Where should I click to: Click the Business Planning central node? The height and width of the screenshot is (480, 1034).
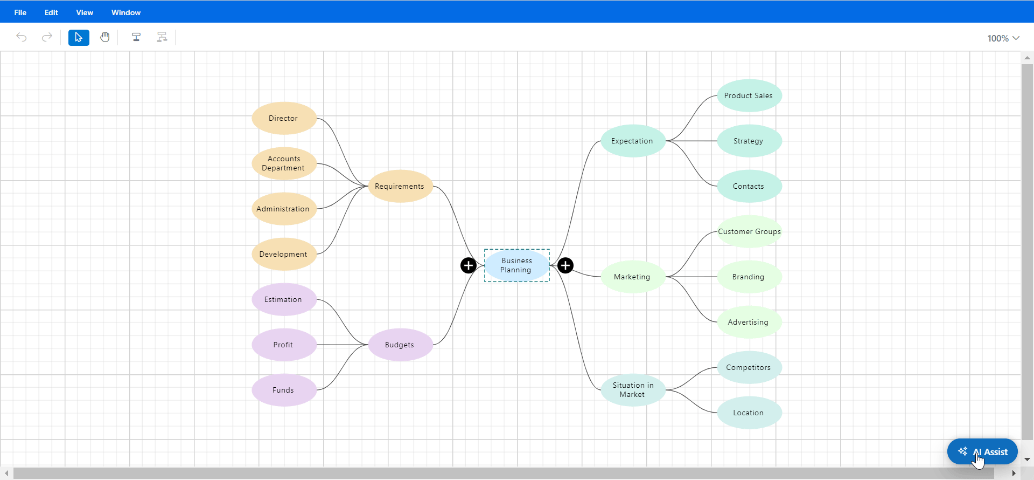[x=516, y=265]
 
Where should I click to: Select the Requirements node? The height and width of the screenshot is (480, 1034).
[x=400, y=186]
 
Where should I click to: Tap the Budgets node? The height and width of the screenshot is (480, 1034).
[x=400, y=345]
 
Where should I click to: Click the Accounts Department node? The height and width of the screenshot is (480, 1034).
[x=284, y=163]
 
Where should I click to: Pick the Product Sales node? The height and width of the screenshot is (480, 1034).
[x=749, y=95]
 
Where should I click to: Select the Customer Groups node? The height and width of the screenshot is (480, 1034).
[x=749, y=231]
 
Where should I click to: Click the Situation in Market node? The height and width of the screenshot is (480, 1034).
[x=633, y=389]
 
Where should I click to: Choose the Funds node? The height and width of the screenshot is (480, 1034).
[x=284, y=390]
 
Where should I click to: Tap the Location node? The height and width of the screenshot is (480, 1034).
[x=749, y=413]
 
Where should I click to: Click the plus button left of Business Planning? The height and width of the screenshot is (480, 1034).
[x=469, y=265]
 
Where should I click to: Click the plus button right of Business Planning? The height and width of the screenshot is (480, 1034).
[x=565, y=265]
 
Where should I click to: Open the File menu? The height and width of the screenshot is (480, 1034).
[x=20, y=12]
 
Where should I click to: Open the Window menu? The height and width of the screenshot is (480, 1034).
[x=126, y=12]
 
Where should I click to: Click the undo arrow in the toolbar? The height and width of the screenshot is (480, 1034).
[x=22, y=37]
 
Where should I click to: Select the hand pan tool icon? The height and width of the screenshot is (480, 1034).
[x=105, y=37]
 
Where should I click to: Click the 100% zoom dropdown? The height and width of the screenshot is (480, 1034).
[x=1003, y=38]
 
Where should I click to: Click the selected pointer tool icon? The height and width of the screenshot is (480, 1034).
[x=79, y=37]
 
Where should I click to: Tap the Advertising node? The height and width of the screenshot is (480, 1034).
[x=749, y=322]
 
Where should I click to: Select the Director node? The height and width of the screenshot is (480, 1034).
[x=284, y=118]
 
